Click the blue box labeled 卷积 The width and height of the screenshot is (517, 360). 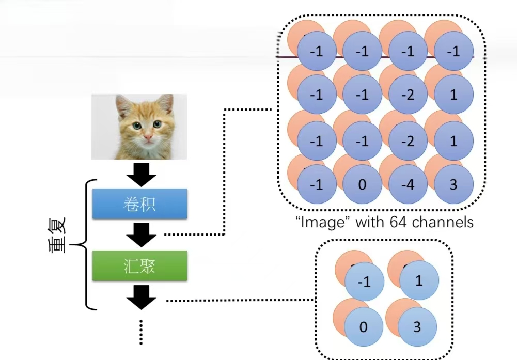click(x=139, y=204)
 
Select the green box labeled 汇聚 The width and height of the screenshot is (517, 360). click(x=139, y=266)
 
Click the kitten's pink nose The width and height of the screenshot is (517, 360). click(x=148, y=138)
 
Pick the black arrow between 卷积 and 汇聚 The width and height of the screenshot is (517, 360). click(x=141, y=235)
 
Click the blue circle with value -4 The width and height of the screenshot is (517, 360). click(x=408, y=184)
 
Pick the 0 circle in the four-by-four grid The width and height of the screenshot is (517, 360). click(x=362, y=184)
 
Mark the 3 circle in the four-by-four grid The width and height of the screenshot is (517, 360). click(x=453, y=184)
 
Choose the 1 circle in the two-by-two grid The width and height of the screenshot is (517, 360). click(x=419, y=280)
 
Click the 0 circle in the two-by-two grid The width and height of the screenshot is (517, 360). click(x=364, y=327)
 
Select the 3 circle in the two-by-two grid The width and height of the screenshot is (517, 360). click(x=417, y=327)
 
